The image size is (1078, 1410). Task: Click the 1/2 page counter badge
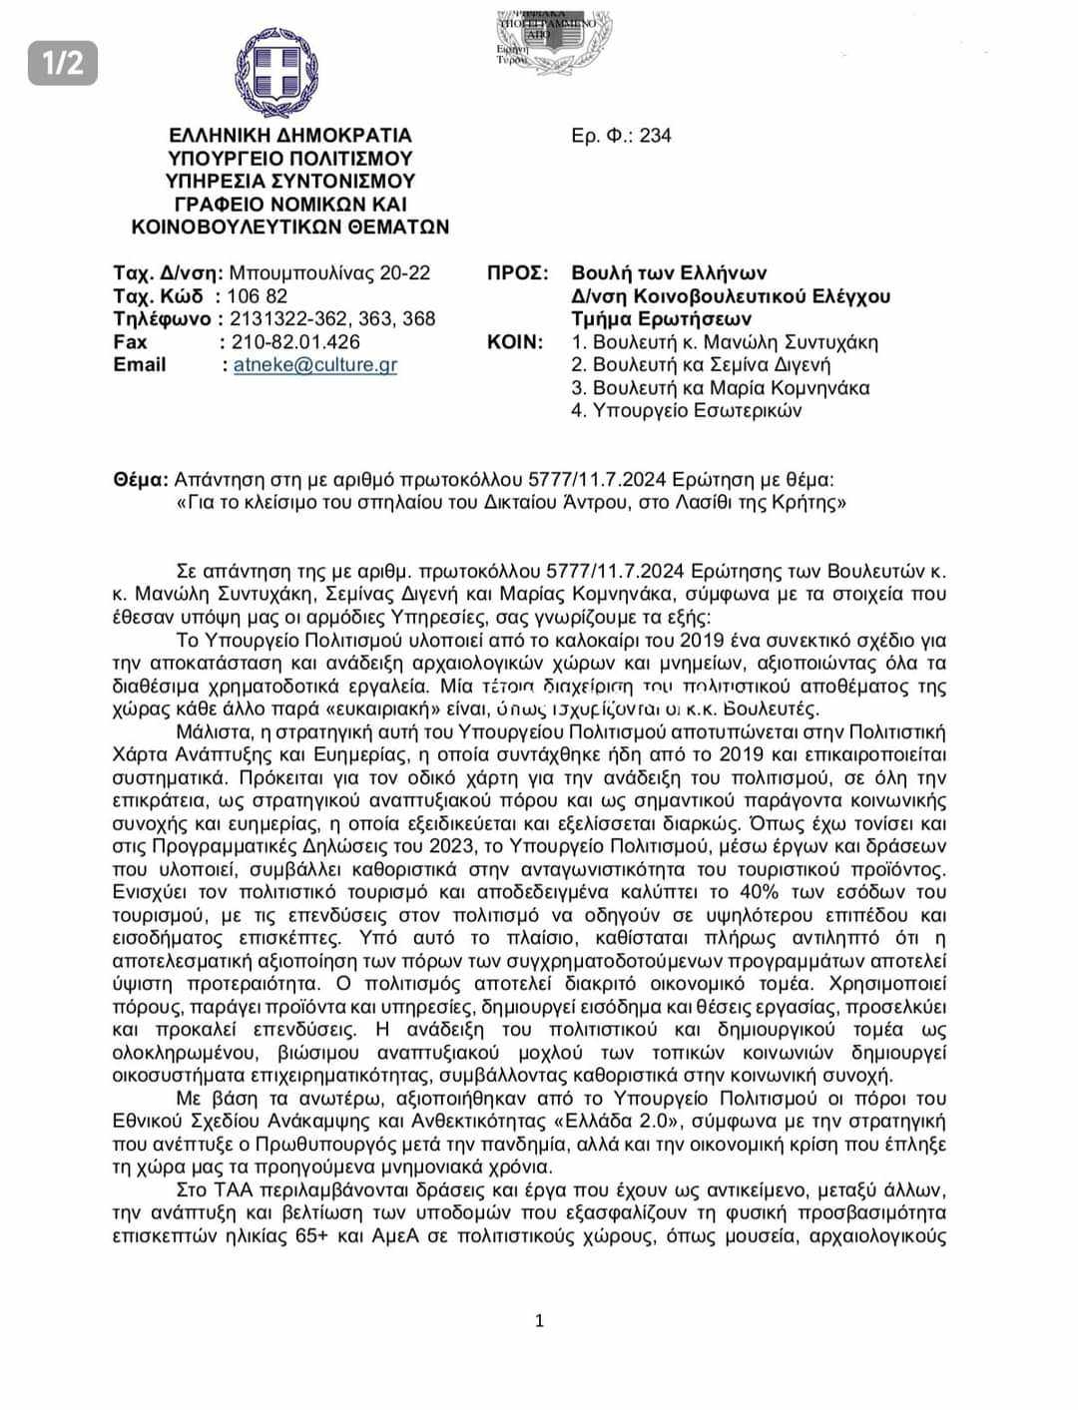pyautogui.click(x=62, y=63)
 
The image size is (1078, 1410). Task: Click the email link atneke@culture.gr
pyautogui.click(x=315, y=365)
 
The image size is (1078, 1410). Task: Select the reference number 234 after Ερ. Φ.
pyautogui.click(x=656, y=136)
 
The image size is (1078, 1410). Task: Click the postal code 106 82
pyautogui.click(x=258, y=296)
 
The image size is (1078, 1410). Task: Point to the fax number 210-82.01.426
pyautogui.click(x=294, y=342)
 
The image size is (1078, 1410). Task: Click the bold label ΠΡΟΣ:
pyautogui.click(x=518, y=273)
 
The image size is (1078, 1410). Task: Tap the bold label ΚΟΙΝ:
pyautogui.click(x=515, y=342)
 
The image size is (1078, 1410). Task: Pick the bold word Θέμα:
pyautogui.click(x=141, y=480)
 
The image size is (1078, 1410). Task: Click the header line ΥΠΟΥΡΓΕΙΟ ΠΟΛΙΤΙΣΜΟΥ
pyautogui.click(x=290, y=159)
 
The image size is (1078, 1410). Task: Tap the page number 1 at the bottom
pyautogui.click(x=540, y=1321)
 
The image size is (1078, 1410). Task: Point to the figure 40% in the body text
pyautogui.click(x=790, y=892)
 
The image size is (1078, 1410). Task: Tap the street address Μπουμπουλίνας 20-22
pyautogui.click(x=330, y=273)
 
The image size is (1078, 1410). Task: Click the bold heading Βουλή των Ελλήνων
pyautogui.click(x=669, y=273)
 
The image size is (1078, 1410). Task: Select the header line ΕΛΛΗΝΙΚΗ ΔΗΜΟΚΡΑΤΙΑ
pyautogui.click(x=290, y=136)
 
